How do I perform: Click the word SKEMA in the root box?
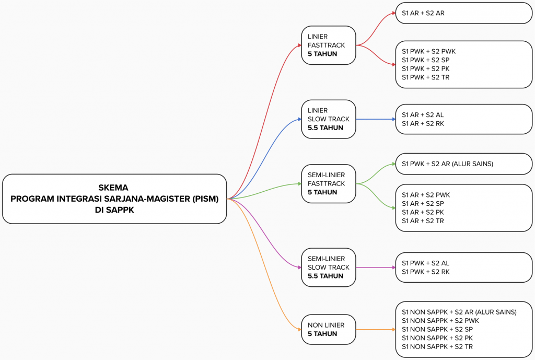[113, 188]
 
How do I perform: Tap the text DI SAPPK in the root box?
[114, 210]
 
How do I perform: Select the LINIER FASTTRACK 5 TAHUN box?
[329, 45]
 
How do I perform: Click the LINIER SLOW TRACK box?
[329, 119]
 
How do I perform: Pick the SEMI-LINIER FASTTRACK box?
[329, 183]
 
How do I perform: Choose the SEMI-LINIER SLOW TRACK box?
[329, 268]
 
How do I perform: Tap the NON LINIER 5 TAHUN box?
[329, 330]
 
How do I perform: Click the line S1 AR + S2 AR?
[423, 13]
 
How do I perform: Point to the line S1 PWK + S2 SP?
[425, 60]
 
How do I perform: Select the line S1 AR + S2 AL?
[423, 115]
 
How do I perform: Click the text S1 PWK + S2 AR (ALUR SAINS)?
[447, 164]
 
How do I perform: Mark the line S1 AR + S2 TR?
[423, 221]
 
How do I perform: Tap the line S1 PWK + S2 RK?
[425, 272]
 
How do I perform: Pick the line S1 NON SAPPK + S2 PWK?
[440, 321]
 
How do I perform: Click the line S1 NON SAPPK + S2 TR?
[437, 347]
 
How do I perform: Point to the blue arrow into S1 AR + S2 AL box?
[376, 119]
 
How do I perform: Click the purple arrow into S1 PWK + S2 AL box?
[376, 268]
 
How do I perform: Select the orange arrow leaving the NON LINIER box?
[376, 330]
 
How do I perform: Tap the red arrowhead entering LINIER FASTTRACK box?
[299, 45]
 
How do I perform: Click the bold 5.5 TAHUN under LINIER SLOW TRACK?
[325, 128]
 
